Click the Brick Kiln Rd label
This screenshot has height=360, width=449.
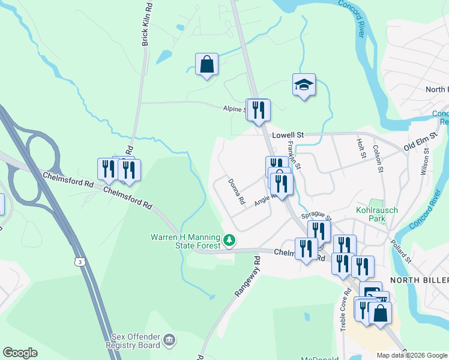click(145, 24)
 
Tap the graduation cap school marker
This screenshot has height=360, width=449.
click(304, 85)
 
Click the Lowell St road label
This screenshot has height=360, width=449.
click(288, 136)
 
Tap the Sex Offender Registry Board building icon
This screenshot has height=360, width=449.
click(169, 340)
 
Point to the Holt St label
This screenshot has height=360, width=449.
click(361, 148)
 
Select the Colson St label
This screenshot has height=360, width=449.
click(378, 158)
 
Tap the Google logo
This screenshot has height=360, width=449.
click(20, 353)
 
